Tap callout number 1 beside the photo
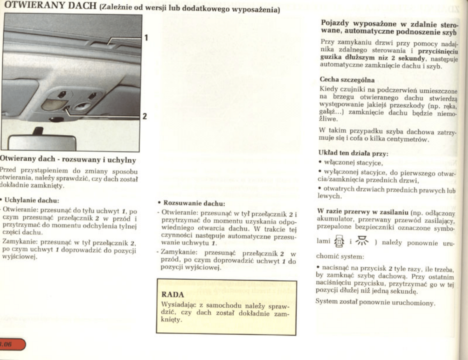(146, 38)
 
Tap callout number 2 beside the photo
(145, 116)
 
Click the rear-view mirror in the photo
(43, 142)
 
